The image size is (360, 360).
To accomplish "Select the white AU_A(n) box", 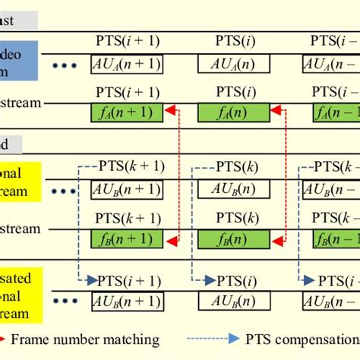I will (233, 64).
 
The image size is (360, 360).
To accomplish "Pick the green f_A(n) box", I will (233, 114).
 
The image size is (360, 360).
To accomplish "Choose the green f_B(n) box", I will (233, 241).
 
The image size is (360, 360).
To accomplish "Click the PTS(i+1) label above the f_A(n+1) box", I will (127, 93).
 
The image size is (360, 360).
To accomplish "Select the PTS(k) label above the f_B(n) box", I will (233, 219).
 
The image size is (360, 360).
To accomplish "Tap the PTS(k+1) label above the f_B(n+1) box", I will (127, 219).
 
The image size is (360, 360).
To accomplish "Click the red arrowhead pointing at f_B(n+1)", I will (172, 242).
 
